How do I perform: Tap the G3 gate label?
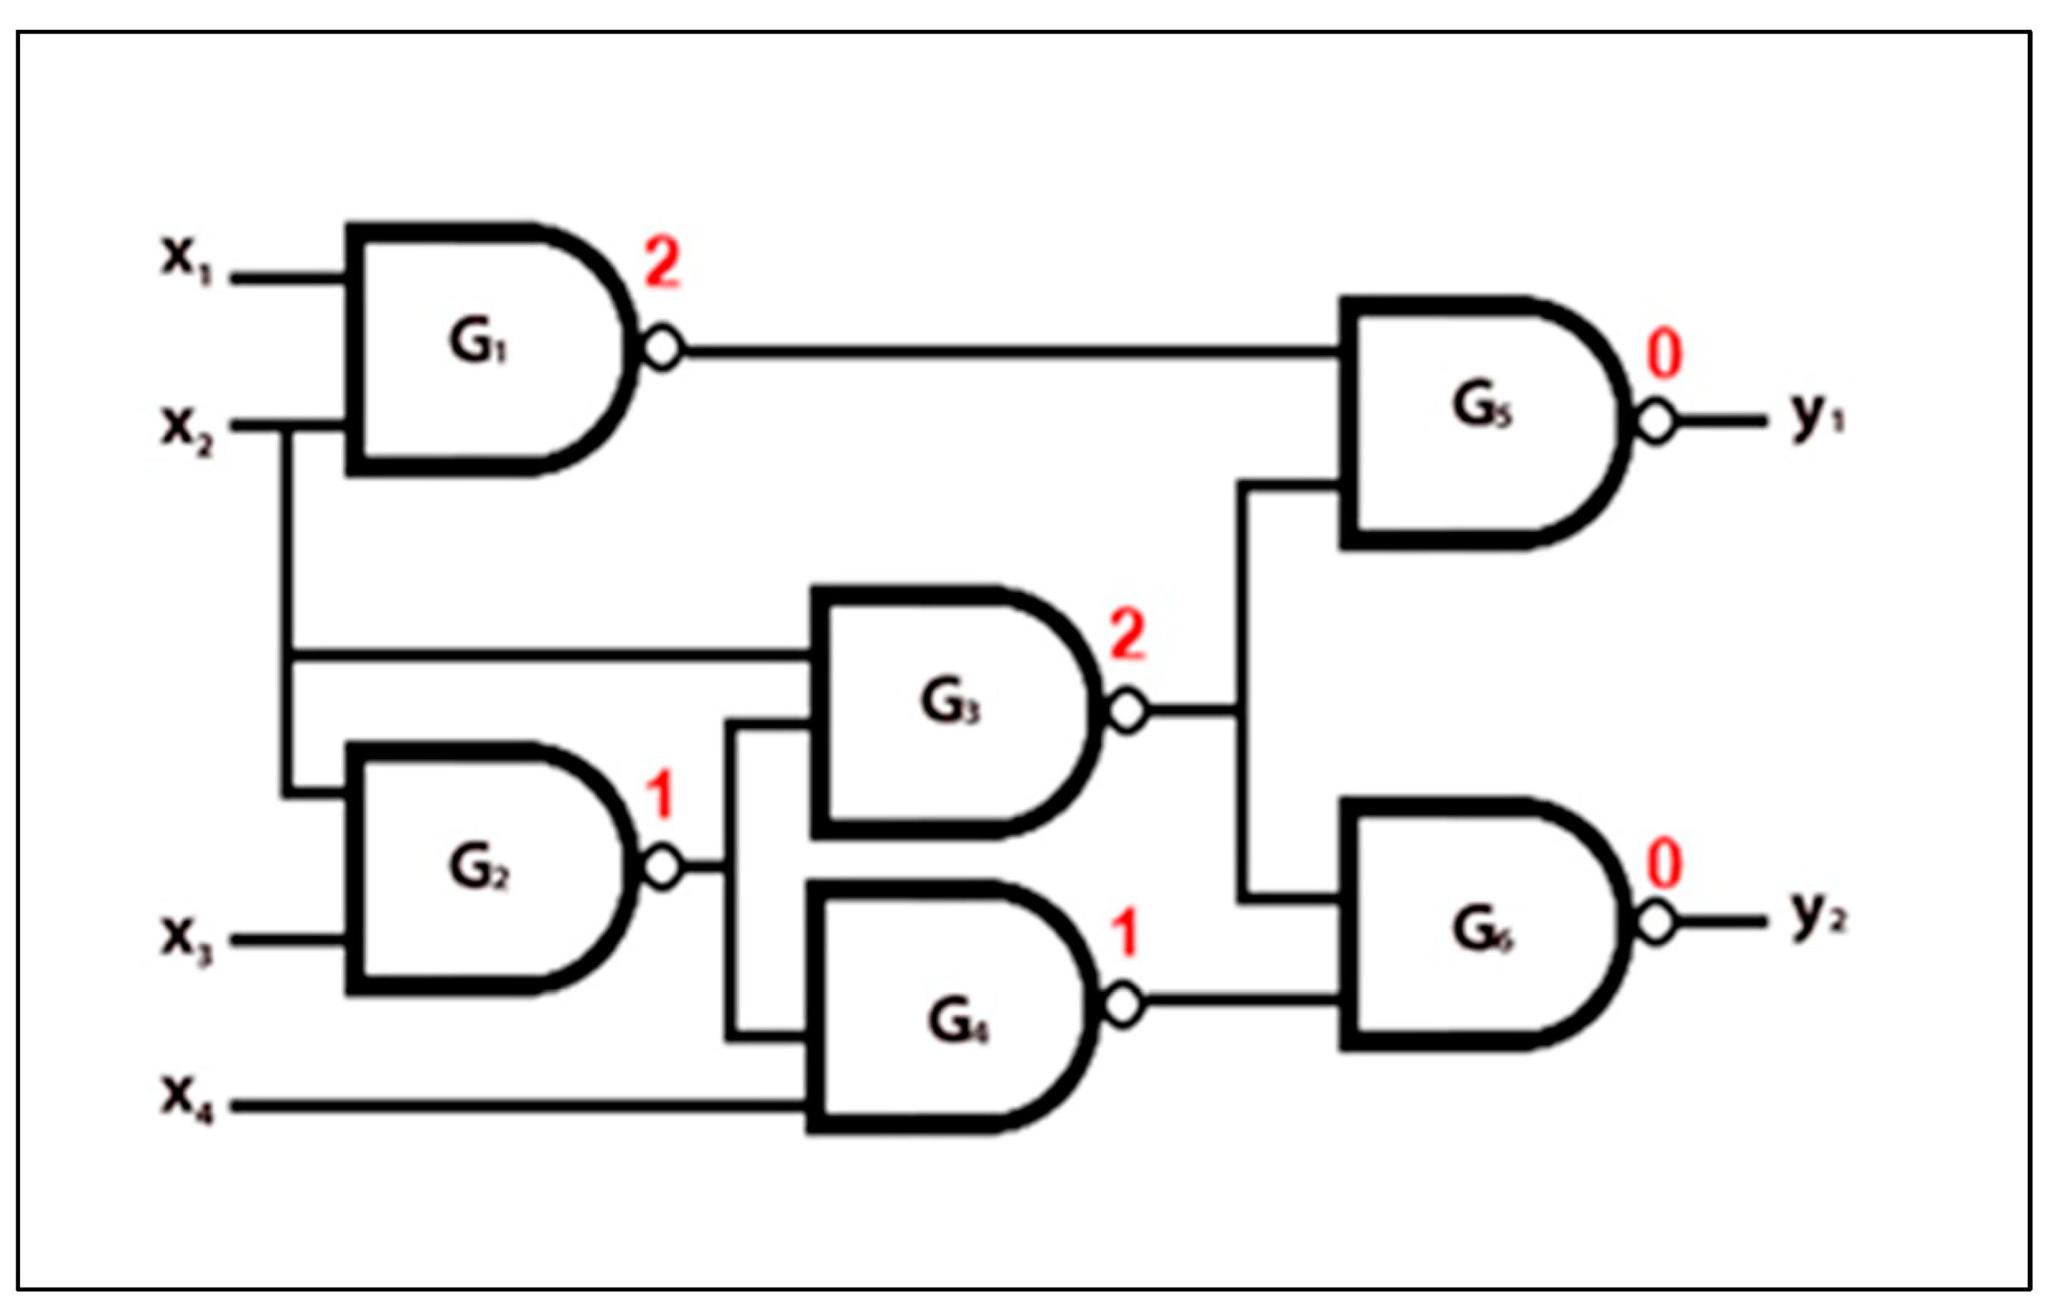point(949,703)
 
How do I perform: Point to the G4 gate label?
point(957,1021)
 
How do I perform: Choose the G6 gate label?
point(1482,929)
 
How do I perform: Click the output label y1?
point(1817,417)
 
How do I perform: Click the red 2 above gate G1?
point(662,264)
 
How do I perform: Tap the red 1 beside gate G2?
point(660,795)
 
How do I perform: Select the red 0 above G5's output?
point(1664,355)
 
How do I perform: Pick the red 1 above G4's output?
point(1126,933)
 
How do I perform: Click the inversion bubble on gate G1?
point(662,348)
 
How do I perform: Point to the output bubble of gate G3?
point(1128,710)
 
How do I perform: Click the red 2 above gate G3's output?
point(1127,636)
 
